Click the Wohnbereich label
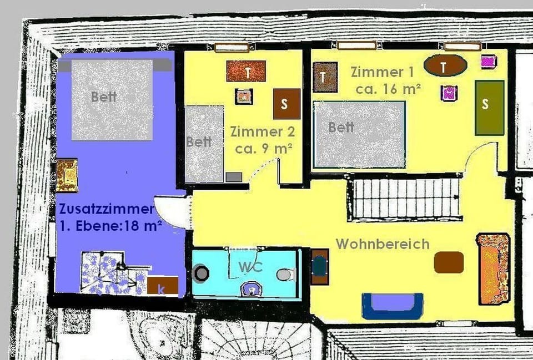[383, 244]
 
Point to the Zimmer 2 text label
[263, 132]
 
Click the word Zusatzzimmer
[106, 210]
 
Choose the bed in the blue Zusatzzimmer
[112, 100]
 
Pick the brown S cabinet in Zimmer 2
[286, 104]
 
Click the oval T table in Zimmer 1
[445, 66]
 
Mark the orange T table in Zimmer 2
[246, 71]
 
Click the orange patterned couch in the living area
[493, 268]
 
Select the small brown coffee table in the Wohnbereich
[449, 262]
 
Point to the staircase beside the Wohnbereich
[405, 198]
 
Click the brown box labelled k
[163, 286]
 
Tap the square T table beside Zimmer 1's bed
[325, 77]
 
